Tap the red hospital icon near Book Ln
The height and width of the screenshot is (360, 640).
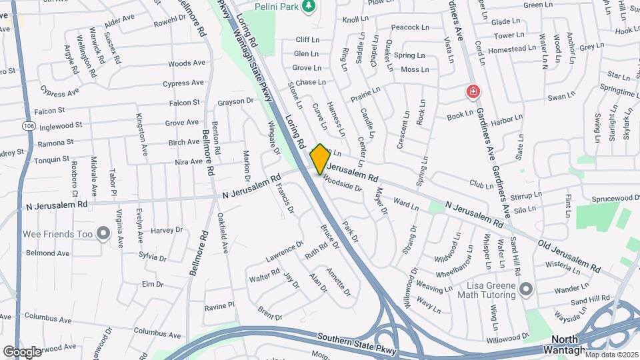tap(473, 91)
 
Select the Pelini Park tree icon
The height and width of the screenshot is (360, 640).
tap(308, 7)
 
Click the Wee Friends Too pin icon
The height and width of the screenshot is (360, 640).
tap(103, 233)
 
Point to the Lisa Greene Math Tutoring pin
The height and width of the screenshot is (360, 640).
tap(526, 289)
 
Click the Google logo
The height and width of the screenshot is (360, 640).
tap(22, 351)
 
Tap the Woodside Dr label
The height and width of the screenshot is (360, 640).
tap(342, 184)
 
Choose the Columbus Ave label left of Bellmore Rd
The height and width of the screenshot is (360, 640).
tap(157, 331)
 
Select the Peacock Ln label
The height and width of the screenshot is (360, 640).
tap(409, 27)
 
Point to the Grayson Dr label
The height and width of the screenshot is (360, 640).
tap(236, 102)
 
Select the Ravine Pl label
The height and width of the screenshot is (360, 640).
tap(219, 306)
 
